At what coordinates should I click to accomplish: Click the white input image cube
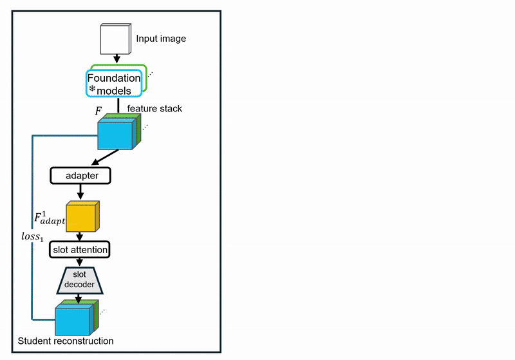[116, 40]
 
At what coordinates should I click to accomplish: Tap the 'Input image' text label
[161, 39]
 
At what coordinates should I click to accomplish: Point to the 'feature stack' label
[154, 109]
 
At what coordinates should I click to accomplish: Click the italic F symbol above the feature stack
[98, 111]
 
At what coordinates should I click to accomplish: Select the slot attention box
[80, 249]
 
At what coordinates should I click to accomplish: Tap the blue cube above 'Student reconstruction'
[73, 319]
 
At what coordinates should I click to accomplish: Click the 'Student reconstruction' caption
[66, 341]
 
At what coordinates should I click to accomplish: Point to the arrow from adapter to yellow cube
[80, 191]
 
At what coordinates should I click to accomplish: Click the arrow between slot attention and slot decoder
[80, 261]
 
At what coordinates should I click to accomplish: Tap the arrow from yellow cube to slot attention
[80, 236]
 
